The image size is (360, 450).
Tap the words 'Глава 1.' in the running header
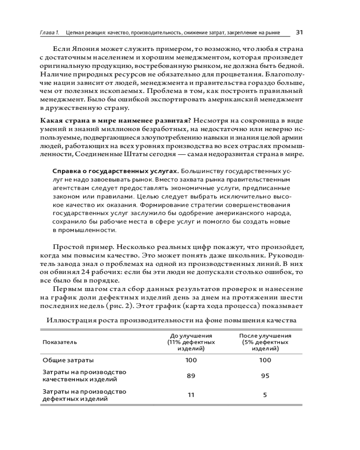pyautogui.click(x=49, y=33)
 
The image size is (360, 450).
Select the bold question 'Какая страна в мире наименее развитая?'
pyautogui.click(x=116, y=121)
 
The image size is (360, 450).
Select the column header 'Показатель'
pyautogui.click(x=60, y=342)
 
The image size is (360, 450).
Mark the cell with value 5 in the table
pyautogui.click(x=265, y=395)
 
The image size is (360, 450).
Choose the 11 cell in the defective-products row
pyautogui.click(x=191, y=395)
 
